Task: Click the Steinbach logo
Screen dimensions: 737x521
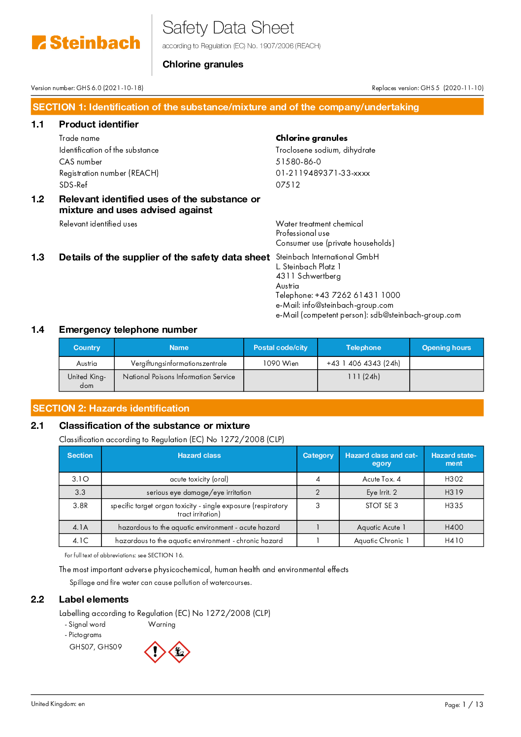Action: [86, 43]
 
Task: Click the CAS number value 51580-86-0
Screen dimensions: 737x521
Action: [298, 161]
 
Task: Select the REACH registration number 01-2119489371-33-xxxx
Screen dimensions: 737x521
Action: [323, 173]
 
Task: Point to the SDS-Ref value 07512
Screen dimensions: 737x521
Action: [288, 185]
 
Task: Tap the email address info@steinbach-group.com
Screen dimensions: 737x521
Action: [348, 305]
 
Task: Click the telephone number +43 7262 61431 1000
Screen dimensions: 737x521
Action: [358, 295]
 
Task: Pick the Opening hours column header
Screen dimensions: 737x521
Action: [446, 348]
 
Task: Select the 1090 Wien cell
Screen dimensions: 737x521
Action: [281, 363]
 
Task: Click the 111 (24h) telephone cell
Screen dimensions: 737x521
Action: [363, 377]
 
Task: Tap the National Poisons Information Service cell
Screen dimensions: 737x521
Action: [179, 377]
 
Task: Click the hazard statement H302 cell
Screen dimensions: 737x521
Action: [454, 479]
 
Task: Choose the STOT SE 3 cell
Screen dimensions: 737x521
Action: [382, 506]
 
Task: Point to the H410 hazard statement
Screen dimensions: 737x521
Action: [454, 541]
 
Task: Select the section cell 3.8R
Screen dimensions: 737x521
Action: [80, 506]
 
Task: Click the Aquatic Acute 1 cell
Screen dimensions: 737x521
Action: [381, 527]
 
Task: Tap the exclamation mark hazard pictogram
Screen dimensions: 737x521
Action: [155, 652]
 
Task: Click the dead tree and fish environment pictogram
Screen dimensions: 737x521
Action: [179, 652]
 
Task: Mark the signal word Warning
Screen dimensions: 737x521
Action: [162, 624]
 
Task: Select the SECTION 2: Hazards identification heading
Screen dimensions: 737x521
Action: [111, 408]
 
